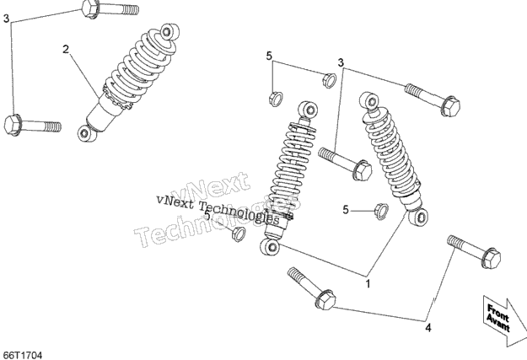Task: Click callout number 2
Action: [66, 50]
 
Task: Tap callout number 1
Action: [368, 283]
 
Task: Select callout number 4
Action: [428, 327]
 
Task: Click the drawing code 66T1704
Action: [22, 355]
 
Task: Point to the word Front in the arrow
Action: [498, 312]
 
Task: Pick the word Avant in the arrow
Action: [497, 323]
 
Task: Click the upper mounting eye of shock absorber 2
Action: [167, 32]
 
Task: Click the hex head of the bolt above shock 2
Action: [90, 8]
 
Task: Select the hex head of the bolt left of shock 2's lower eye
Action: [13, 125]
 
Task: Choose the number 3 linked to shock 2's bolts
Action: [6, 19]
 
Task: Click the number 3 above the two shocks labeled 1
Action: [341, 62]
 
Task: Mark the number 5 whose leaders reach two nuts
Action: [269, 56]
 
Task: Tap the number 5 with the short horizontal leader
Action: [346, 210]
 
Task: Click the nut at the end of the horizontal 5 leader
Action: [382, 212]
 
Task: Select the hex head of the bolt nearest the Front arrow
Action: [491, 259]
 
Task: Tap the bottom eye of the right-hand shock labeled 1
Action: [418, 218]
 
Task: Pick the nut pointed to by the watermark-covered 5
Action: [238, 234]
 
